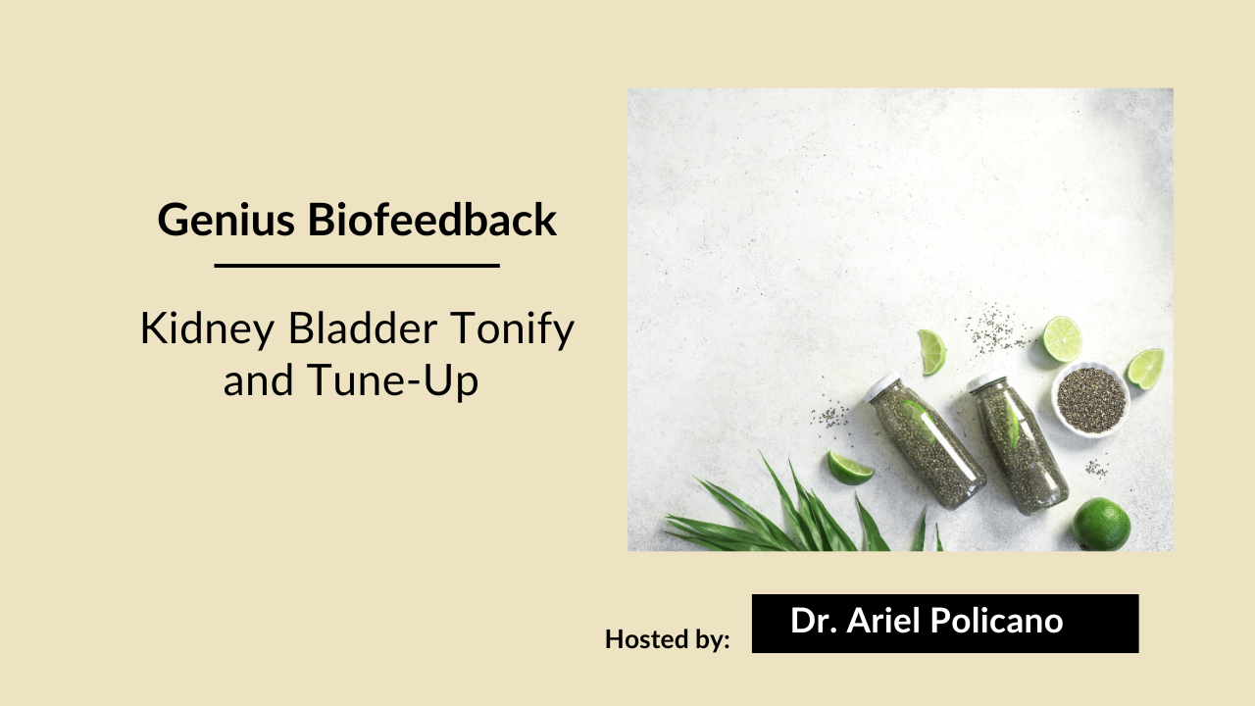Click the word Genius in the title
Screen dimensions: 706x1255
click(226, 220)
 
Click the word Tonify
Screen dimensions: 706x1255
click(513, 329)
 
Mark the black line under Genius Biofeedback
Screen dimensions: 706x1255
click(357, 265)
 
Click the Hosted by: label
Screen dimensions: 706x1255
click(668, 639)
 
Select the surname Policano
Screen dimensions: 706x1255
click(1000, 621)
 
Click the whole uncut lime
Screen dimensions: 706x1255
click(1101, 525)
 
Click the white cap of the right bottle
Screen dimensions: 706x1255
click(985, 382)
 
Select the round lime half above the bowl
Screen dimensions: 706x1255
click(1062, 338)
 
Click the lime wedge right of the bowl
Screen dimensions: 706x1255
click(1145, 368)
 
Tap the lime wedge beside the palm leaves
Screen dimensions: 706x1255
click(848, 467)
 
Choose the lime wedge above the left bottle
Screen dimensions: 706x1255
click(932, 351)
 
